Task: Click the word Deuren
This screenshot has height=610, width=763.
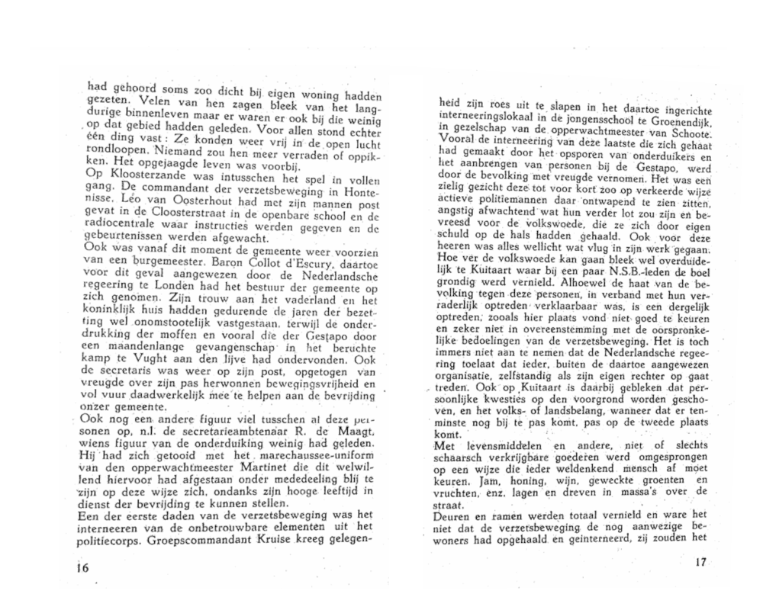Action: pos(452,527)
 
